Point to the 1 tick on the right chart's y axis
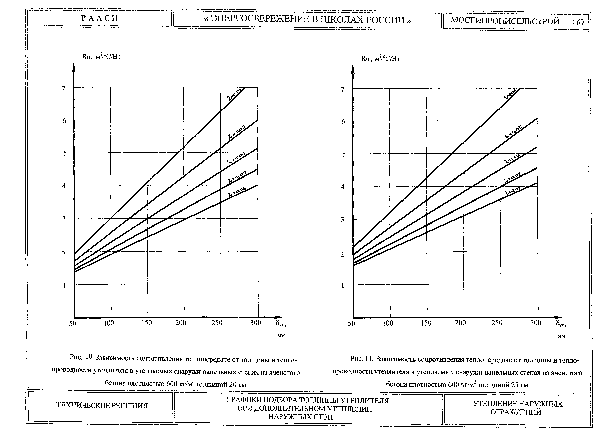[342, 285]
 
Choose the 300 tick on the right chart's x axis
[536, 323]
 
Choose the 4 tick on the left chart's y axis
[64, 186]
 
